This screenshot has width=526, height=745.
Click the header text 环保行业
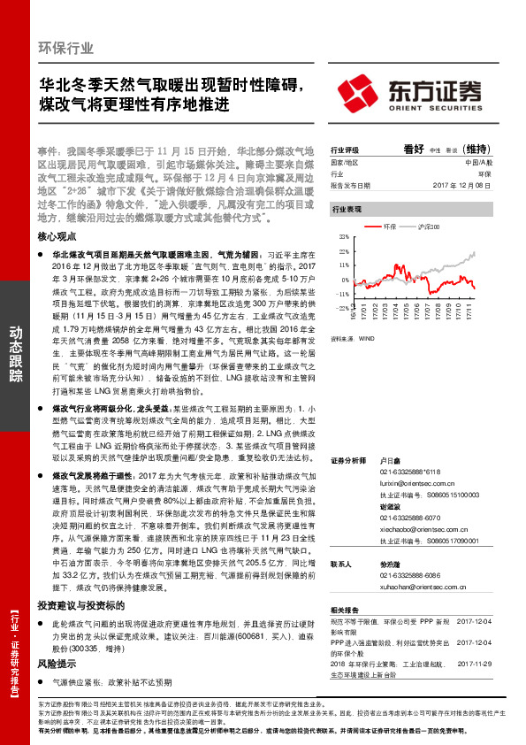pos(66,48)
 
